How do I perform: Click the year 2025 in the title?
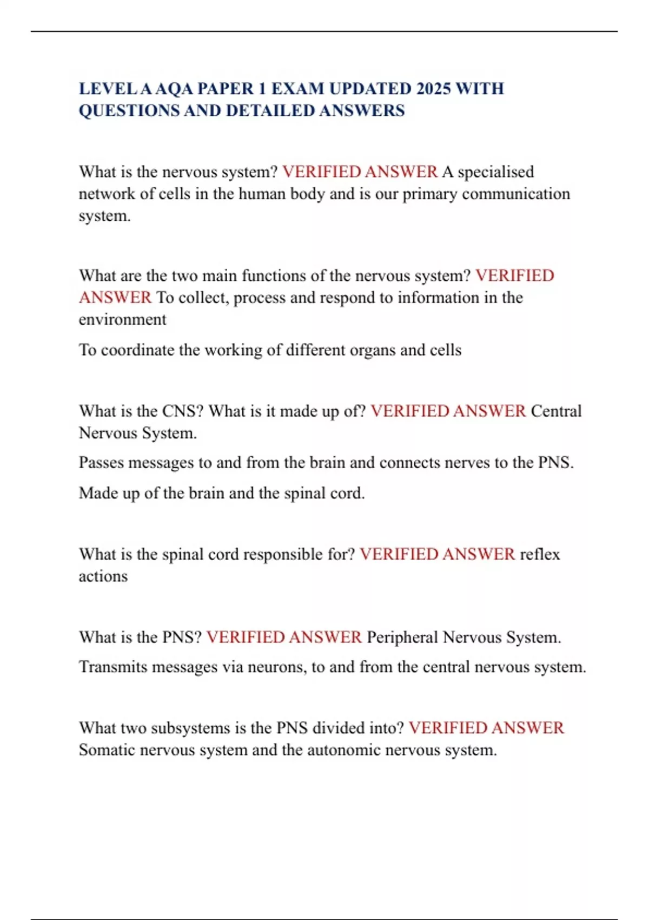pyautogui.click(x=434, y=88)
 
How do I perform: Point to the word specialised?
pyautogui.click(x=496, y=172)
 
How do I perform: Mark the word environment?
pyautogui.click(x=123, y=319)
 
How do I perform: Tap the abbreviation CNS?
pyautogui.click(x=180, y=411)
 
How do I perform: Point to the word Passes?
pyautogui.click(x=102, y=463)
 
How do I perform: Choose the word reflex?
pyautogui.click(x=540, y=554)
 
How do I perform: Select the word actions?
pyautogui.click(x=103, y=576)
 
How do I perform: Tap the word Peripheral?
pyautogui.click(x=402, y=638)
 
